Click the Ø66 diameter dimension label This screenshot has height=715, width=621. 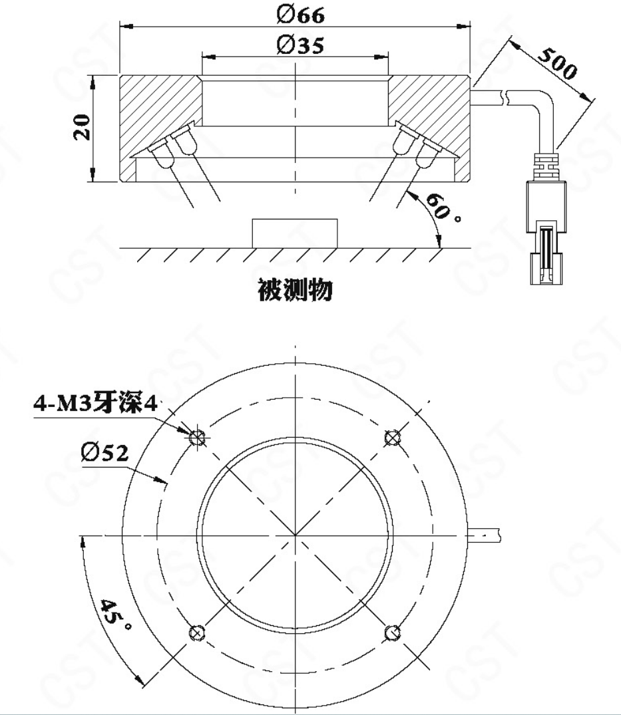click(x=301, y=15)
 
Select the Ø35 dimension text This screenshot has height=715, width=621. click(x=301, y=45)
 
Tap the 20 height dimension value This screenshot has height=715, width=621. click(x=83, y=127)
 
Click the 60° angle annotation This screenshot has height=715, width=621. click(x=442, y=208)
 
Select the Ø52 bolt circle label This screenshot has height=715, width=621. click(x=104, y=453)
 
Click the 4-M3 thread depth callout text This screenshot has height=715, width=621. click(x=95, y=404)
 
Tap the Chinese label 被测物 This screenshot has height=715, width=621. click(x=296, y=290)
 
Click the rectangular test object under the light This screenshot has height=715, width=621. click(x=295, y=233)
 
